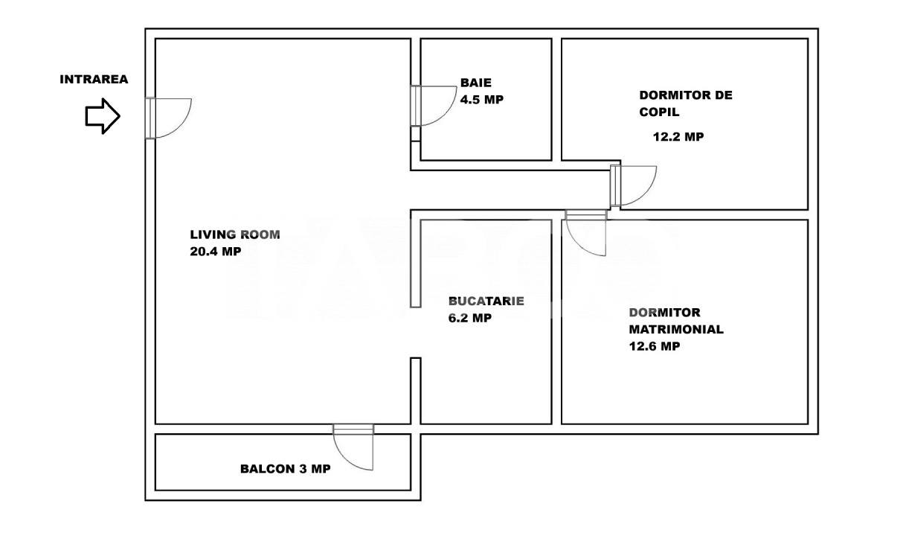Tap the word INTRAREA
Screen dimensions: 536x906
[94, 79]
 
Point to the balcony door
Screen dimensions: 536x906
[353, 447]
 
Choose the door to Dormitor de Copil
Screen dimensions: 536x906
[634, 185]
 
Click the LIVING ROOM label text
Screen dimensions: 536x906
[235, 234]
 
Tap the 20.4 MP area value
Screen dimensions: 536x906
[216, 252]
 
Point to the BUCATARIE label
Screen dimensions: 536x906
[486, 301]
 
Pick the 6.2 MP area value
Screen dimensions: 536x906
[470, 318]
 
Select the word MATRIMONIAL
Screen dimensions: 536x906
[676, 330]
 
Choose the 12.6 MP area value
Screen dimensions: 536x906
[654, 346]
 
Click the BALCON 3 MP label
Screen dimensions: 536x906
[286, 469]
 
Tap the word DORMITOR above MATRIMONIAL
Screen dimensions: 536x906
[664, 313]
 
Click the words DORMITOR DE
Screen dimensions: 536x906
[686, 95]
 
